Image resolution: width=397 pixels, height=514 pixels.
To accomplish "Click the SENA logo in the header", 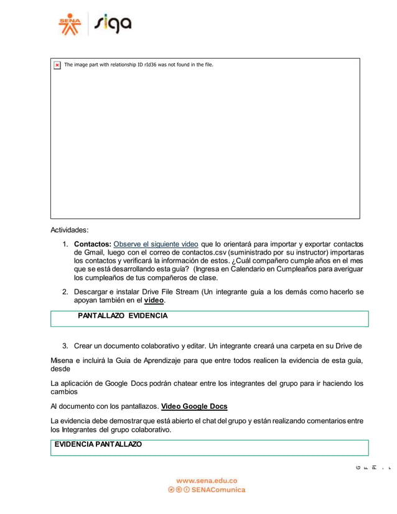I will [x=70, y=25].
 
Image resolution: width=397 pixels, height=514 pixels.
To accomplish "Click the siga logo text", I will [x=113, y=25].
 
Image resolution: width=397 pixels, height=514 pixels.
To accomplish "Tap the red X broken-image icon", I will [x=57, y=65].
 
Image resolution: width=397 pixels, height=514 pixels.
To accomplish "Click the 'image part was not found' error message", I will [x=139, y=65].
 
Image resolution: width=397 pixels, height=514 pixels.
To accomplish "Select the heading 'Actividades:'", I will [x=70, y=230].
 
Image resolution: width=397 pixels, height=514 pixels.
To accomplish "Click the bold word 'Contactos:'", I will [x=92, y=243].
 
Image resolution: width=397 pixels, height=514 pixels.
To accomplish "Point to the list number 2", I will [x=65, y=292].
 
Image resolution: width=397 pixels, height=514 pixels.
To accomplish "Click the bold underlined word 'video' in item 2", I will [x=154, y=301].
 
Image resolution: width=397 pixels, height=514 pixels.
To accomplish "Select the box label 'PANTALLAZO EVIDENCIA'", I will [x=123, y=316].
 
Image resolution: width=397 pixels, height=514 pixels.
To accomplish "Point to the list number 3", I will [x=65, y=346].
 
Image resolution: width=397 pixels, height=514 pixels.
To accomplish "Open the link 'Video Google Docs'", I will [x=194, y=406].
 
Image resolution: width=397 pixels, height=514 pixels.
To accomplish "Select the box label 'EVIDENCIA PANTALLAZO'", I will [x=98, y=444].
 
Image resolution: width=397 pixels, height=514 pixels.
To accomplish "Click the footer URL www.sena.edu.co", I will [x=207, y=480].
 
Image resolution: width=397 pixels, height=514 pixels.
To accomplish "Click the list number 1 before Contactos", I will [x=65, y=243].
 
